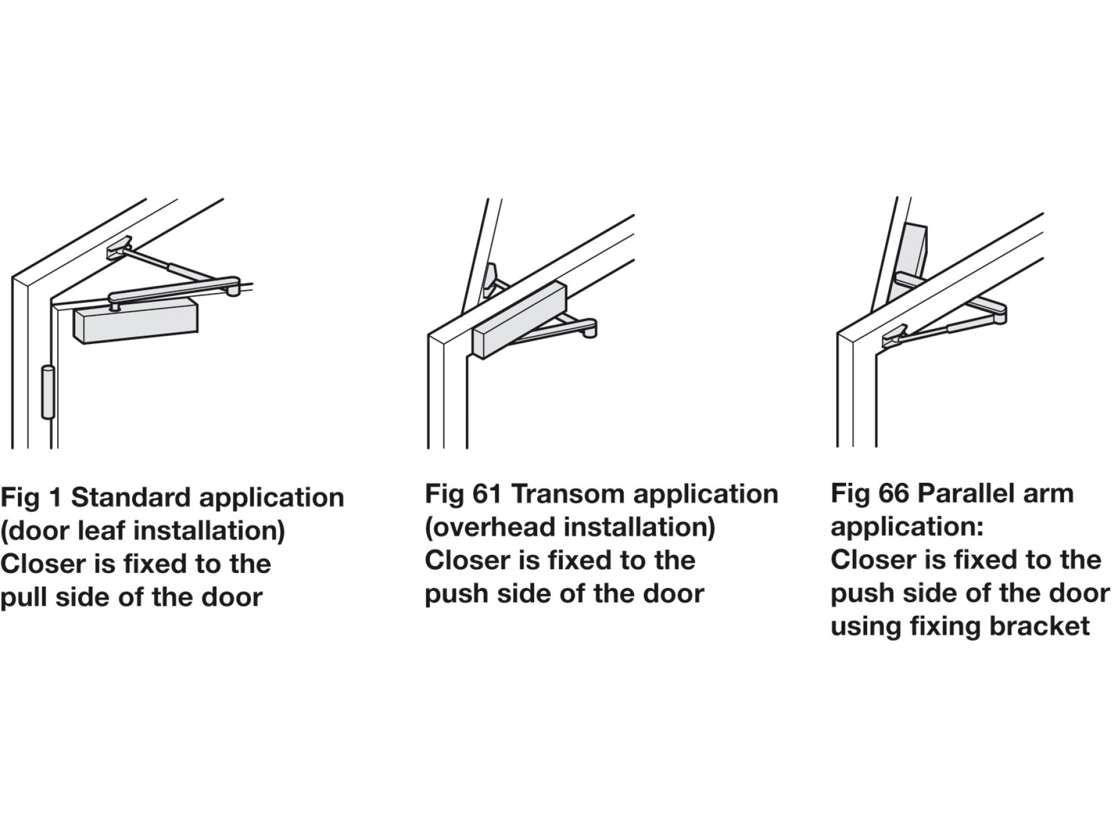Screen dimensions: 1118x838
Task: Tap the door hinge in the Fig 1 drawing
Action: [48, 392]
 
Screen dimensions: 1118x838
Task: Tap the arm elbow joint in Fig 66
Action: [996, 312]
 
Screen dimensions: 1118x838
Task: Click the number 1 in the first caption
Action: [55, 497]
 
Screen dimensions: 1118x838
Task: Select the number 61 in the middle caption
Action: [487, 494]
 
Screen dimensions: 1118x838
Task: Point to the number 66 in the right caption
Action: [894, 493]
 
